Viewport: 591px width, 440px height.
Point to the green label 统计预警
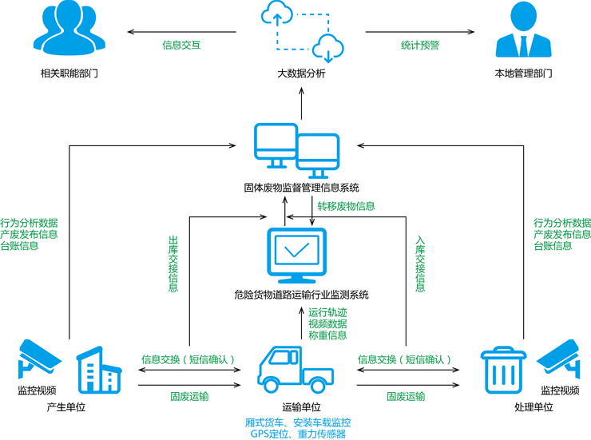click(420, 46)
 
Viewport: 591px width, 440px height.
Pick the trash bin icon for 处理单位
click(502, 371)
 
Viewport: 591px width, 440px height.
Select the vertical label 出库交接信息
click(173, 264)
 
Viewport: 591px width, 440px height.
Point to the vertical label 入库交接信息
click(420, 264)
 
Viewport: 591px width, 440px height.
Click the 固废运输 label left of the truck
click(189, 396)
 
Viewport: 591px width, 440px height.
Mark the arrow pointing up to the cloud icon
click(301, 102)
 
